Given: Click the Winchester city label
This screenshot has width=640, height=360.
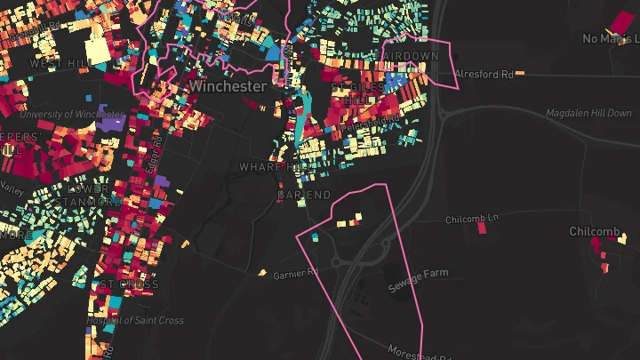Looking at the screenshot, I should tap(227, 86).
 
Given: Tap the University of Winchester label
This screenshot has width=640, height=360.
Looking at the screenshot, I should tap(71, 115).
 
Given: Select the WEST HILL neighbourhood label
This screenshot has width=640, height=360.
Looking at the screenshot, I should tap(60, 64).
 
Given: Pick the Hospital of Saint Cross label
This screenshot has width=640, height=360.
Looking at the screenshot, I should tap(135, 320).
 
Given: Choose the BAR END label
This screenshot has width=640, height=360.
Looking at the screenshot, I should tap(304, 195).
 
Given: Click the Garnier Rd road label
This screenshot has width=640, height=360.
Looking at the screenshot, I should tap(295, 275).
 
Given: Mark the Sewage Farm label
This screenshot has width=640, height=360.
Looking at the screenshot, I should tap(418, 281).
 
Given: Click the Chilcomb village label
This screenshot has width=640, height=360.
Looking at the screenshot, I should tap(595, 232).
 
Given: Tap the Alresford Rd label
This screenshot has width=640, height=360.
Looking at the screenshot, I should tap(484, 75).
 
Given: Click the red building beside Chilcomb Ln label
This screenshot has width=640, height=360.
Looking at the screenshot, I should tap(482, 228).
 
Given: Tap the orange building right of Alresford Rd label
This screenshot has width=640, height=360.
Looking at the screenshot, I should tap(520, 72).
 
